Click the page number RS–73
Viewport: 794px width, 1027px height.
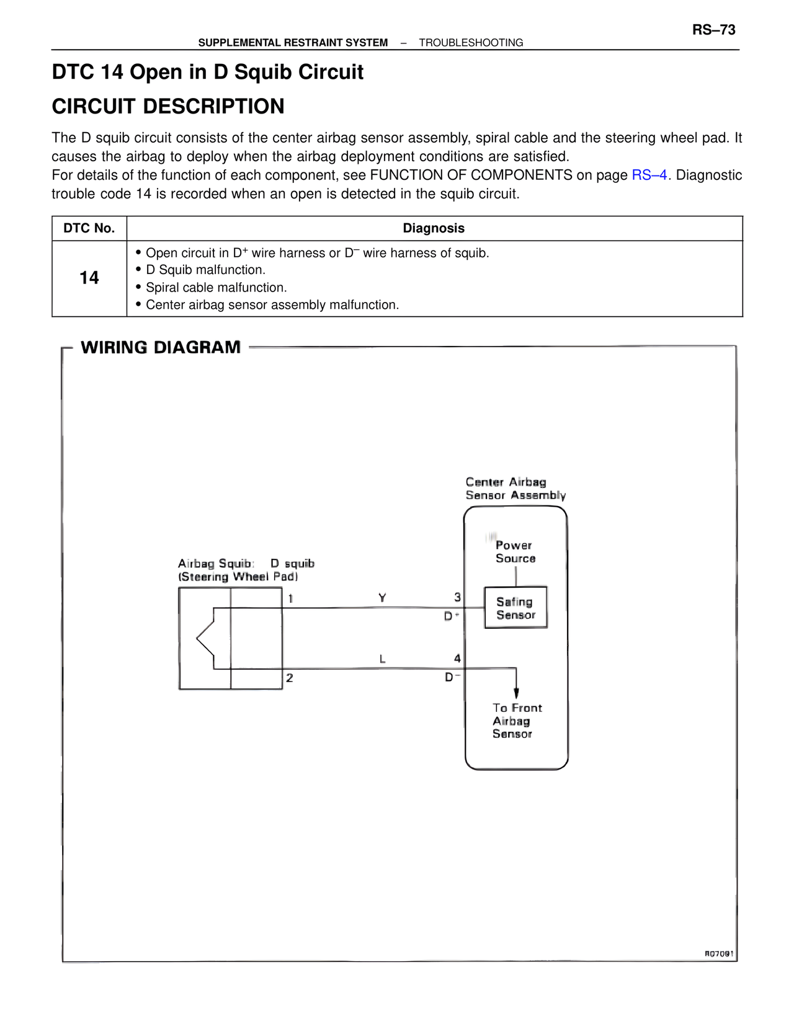point(713,30)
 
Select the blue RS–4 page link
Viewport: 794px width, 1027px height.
point(649,175)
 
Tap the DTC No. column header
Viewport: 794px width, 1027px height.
point(89,228)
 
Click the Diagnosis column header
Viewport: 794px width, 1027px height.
point(434,228)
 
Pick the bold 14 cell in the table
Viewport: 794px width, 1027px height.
point(89,277)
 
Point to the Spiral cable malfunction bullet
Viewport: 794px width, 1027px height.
point(212,287)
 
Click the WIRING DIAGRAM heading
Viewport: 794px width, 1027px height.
point(161,347)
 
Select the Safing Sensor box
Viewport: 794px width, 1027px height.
point(516,607)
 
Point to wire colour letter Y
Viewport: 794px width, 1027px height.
point(382,598)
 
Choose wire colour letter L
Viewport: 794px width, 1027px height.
point(382,659)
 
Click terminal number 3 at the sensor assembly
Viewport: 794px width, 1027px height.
point(458,597)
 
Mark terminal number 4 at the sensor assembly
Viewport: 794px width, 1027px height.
point(458,658)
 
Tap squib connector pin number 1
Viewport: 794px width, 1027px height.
point(291,598)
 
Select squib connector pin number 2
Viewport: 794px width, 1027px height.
point(290,678)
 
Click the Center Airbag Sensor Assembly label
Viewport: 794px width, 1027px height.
point(515,488)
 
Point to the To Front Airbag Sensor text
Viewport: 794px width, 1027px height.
point(517,721)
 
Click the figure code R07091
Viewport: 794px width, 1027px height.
point(719,954)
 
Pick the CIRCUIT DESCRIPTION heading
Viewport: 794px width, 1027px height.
point(168,106)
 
